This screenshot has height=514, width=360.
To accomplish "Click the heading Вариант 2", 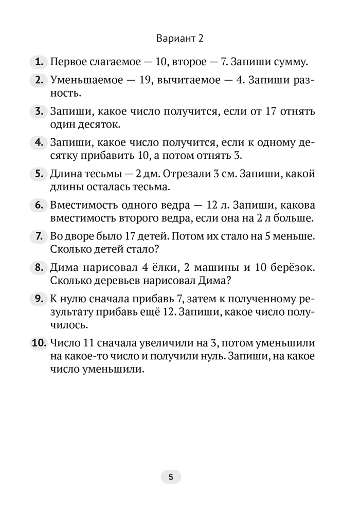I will pyautogui.click(x=180, y=39).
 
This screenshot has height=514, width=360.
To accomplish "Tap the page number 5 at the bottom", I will pyautogui.click(x=171, y=476).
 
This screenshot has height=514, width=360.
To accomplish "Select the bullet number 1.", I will pyautogui.click(x=38, y=63).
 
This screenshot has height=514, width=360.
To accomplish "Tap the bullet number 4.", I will pyautogui.click(x=38, y=142).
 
